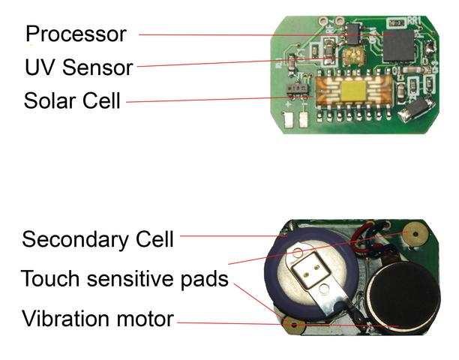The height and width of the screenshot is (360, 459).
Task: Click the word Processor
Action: coord(76,34)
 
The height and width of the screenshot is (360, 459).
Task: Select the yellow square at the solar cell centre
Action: coord(350,91)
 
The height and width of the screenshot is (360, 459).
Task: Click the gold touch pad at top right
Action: coord(410,233)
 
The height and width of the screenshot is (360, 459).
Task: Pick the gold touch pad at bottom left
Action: coord(293,325)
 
